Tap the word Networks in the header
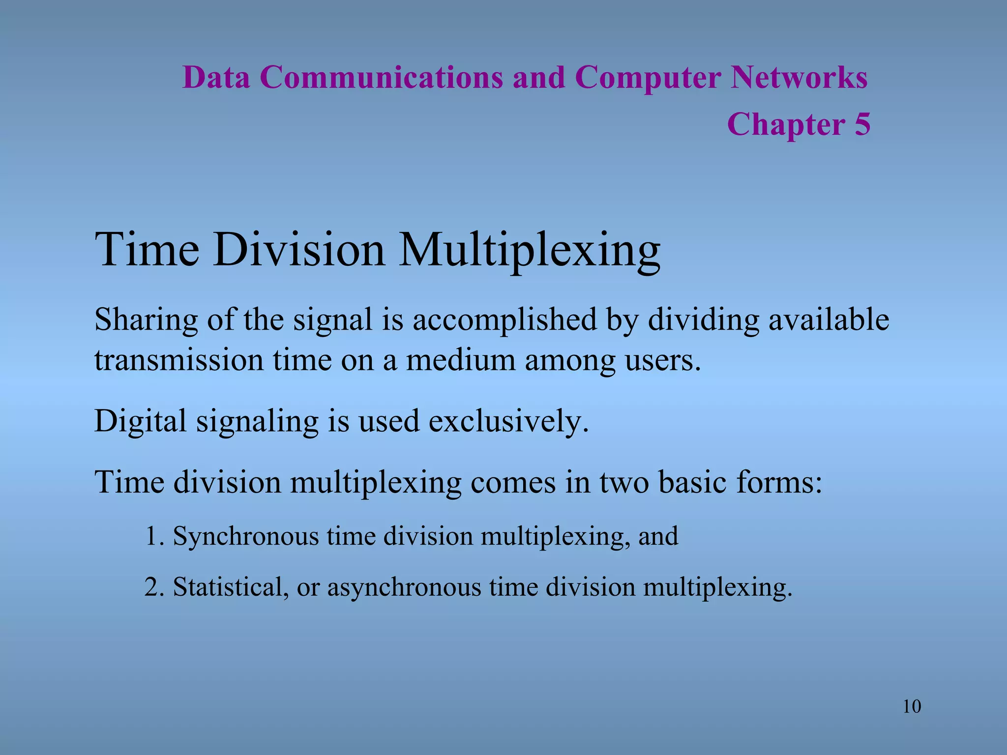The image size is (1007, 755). (x=799, y=78)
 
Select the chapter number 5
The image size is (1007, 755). (x=862, y=124)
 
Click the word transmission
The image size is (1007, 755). (x=179, y=360)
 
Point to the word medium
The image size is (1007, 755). (x=461, y=360)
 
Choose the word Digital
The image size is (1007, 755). (x=140, y=422)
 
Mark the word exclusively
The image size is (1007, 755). (x=508, y=422)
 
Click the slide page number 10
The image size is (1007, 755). (x=912, y=707)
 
